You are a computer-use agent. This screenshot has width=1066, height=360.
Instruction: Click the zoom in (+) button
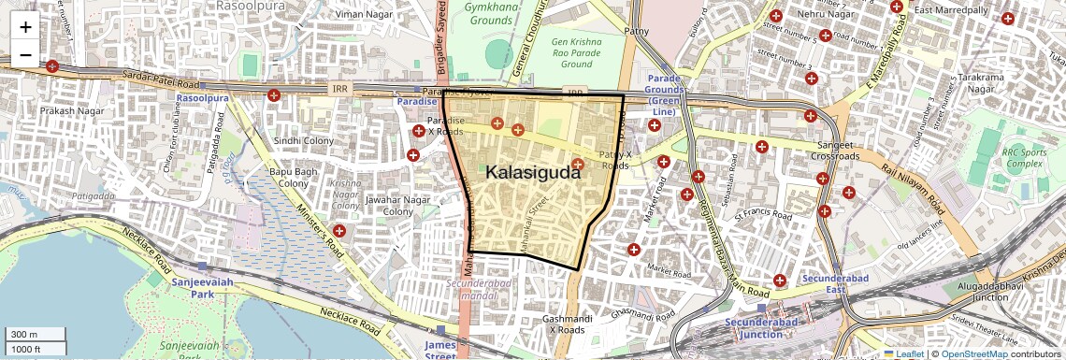tap(25, 27)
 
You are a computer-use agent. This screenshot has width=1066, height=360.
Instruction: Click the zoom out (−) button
tap(25, 54)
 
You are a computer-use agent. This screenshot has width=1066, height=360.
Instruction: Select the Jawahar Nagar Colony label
tap(385, 205)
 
